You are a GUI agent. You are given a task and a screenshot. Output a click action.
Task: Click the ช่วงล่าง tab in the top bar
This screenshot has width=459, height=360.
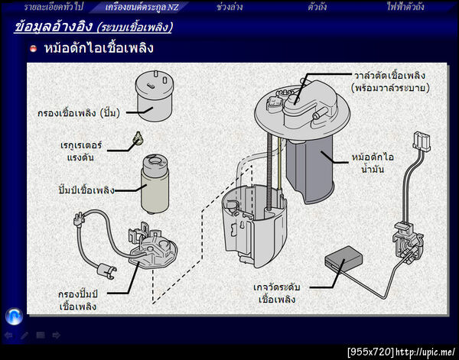pyautogui.click(x=230, y=7)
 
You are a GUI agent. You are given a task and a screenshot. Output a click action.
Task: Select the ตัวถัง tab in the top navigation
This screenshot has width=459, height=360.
pyautogui.click(x=317, y=7)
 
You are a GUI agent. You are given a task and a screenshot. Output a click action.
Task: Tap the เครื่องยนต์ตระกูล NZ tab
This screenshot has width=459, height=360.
pyautogui.click(x=142, y=7)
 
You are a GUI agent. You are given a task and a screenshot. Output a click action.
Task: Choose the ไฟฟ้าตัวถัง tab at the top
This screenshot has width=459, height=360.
pyautogui.click(x=405, y=7)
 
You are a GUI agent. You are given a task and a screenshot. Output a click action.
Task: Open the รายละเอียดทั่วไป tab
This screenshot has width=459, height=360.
pyautogui.click(x=54, y=7)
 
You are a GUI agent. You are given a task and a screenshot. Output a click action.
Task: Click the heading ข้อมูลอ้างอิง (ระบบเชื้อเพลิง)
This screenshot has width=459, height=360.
pyautogui.click(x=93, y=27)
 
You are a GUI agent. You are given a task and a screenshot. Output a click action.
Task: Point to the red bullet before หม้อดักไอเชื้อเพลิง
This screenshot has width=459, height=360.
pyautogui.click(x=34, y=49)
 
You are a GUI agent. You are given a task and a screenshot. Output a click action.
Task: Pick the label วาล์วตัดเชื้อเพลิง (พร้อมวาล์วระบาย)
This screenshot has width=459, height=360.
pyautogui.click(x=390, y=81)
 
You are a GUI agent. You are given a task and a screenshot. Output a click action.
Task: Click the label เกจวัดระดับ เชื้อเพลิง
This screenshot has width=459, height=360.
pyautogui.click(x=277, y=293)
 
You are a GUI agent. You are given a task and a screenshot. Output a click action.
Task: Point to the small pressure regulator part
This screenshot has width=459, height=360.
pyautogui.click(x=138, y=138)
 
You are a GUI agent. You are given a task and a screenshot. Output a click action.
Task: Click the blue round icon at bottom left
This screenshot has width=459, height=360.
pyautogui.click(x=13, y=316)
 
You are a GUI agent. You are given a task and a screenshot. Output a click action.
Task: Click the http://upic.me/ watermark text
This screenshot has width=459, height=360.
pyautogui.click(x=425, y=352)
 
